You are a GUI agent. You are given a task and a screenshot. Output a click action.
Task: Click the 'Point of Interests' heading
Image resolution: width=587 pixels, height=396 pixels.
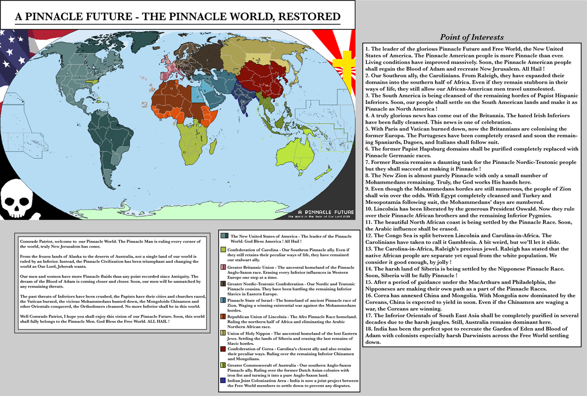[x=472, y=38]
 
